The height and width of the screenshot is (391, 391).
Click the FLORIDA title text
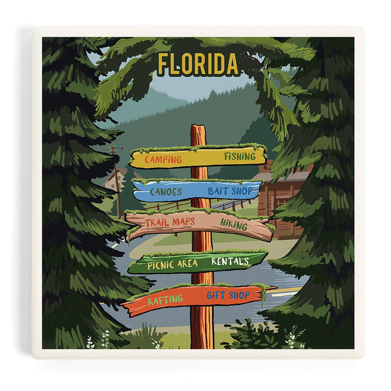point(198,64)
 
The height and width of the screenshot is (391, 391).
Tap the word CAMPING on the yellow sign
point(163,159)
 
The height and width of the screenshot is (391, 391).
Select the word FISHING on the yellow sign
point(239,156)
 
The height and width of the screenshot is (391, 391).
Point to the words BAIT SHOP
point(230,191)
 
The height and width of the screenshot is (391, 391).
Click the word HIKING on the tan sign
point(234,224)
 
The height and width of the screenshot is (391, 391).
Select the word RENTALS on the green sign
point(230,261)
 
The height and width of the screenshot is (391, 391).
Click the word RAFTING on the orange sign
point(165,299)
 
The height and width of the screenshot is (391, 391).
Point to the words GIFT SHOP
point(228,295)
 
